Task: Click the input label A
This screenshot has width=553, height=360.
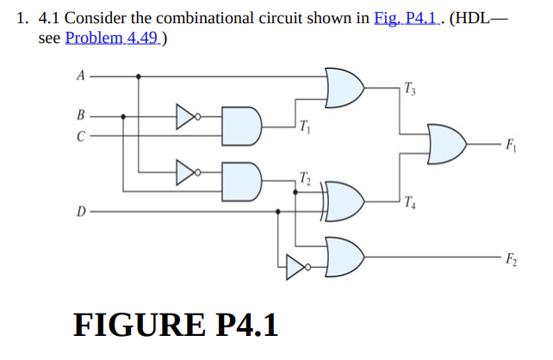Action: pos(80,75)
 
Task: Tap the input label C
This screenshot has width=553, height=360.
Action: pos(80,134)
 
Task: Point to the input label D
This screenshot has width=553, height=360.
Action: pos(80,209)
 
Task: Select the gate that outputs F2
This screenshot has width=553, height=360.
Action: pos(345,255)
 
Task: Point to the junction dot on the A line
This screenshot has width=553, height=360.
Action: pos(140,76)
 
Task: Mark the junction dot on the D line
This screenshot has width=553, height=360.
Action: pos(278,209)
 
